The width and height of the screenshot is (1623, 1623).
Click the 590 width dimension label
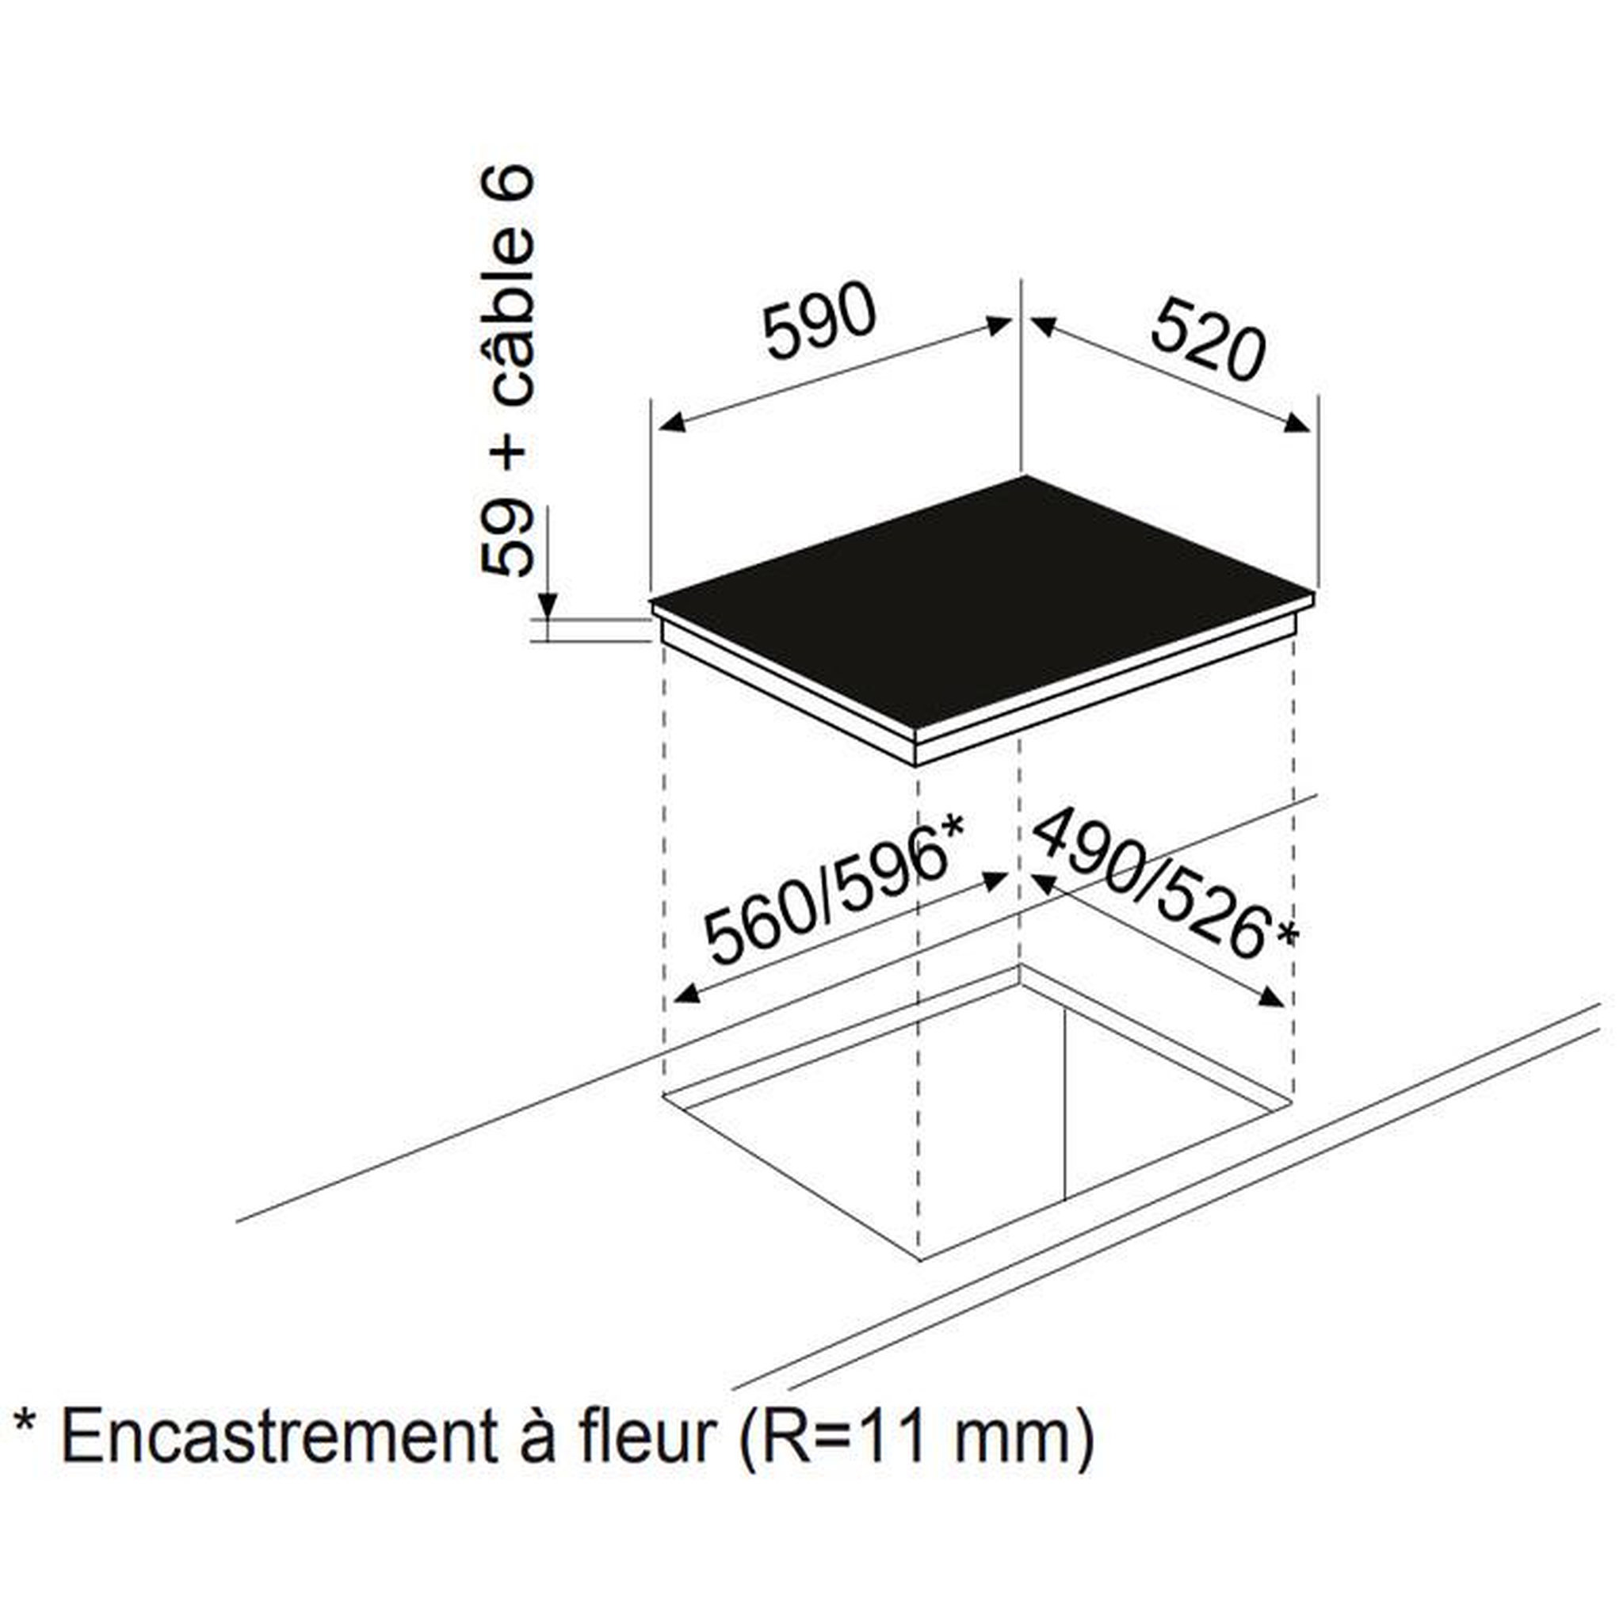pos(820,322)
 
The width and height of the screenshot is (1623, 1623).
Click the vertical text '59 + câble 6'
pos(507,370)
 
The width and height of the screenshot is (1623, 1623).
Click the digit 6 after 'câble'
pos(507,181)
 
